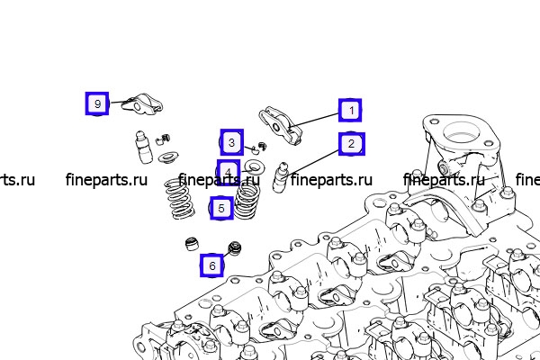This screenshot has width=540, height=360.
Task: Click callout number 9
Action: [x=97, y=103]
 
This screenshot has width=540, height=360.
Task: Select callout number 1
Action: [x=350, y=110]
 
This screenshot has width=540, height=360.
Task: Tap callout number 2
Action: [x=351, y=144]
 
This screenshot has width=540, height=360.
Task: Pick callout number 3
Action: [x=232, y=142]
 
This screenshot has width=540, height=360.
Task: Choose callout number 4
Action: [x=229, y=171]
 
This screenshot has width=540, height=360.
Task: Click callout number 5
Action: [x=221, y=208]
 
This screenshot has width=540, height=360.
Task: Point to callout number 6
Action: [x=212, y=265]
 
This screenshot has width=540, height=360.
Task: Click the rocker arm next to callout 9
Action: [x=142, y=104]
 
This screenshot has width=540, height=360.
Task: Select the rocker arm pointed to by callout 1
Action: [x=280, y=124]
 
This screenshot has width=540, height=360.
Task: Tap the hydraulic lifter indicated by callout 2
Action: [x=280, y=176]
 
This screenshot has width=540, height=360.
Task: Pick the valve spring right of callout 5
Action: [x=247, y=201]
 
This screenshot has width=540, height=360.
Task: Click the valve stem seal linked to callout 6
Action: [x=235, y=248]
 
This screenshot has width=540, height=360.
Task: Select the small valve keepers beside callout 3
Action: [x=258, y=147]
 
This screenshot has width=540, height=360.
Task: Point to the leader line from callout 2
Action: [x=311, y=164]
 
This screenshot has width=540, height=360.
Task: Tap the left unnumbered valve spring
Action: [x=179, y=199]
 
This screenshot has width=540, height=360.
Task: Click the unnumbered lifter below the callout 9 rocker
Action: [x=143, y=147]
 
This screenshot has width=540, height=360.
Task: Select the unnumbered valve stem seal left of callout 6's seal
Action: [x=191, y=244]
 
